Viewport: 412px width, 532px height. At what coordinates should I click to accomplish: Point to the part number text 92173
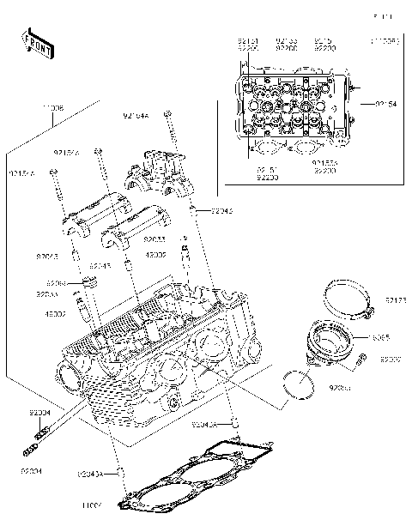point(396,300)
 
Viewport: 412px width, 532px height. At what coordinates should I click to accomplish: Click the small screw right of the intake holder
point(361,357)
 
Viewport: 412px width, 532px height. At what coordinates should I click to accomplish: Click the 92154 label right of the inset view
point(386,103)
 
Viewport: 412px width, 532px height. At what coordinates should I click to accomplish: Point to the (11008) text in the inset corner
point(384,40)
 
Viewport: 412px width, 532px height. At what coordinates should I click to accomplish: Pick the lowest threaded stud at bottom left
point(30,451)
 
